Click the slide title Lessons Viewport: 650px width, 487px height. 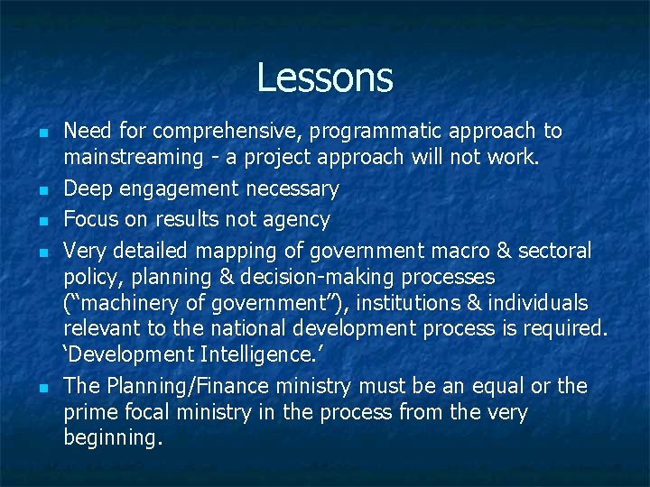click(x=325, y=78)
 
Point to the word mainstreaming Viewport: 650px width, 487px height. click(x=134, y=158)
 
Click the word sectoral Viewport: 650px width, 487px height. click(x=551, y=250)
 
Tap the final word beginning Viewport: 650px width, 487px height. click(x=113, y=439)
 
